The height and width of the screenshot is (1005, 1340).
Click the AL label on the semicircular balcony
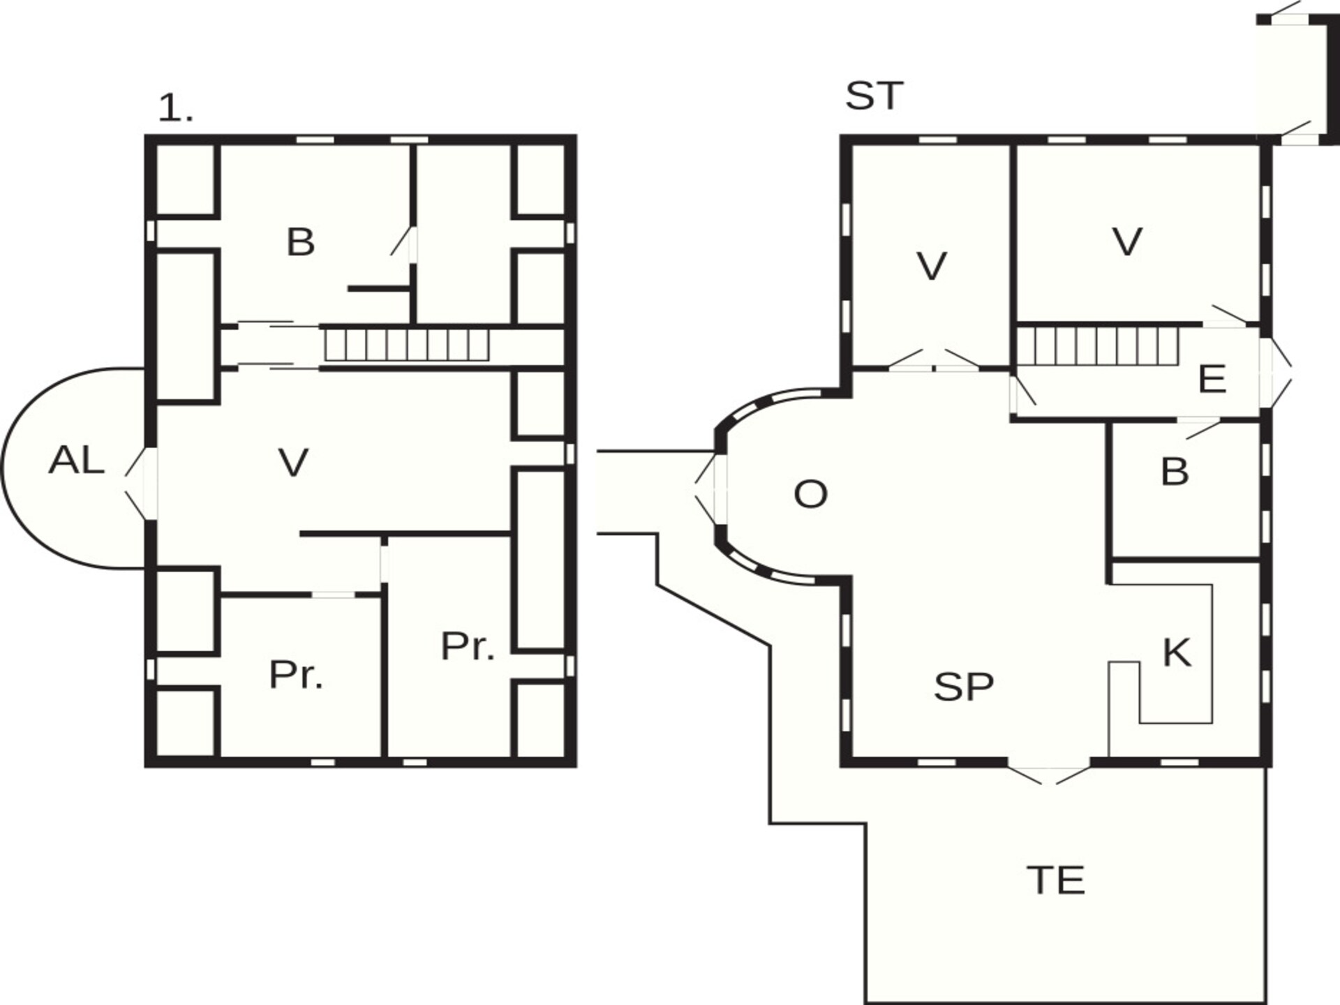77,461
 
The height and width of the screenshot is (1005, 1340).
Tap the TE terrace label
1056,880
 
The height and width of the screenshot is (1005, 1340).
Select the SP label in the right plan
964,687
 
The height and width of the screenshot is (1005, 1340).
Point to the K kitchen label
1177,653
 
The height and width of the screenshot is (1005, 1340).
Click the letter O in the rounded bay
810,494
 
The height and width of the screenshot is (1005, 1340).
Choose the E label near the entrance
1212,380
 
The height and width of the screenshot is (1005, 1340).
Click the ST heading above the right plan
874,96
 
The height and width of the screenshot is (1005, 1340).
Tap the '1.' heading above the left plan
175,109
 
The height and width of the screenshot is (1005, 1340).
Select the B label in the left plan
301,242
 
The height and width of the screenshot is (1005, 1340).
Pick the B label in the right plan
1175,471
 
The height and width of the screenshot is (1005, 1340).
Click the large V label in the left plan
293,462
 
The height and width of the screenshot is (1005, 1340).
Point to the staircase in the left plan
407,345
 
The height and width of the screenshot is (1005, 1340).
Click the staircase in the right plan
1096,347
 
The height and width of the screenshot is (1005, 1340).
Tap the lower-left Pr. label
296,675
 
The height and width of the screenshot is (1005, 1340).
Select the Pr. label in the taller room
468,646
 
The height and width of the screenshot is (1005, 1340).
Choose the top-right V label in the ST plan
1127,242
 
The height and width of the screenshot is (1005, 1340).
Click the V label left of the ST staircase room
931,266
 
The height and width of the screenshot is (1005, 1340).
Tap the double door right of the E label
1276,372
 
